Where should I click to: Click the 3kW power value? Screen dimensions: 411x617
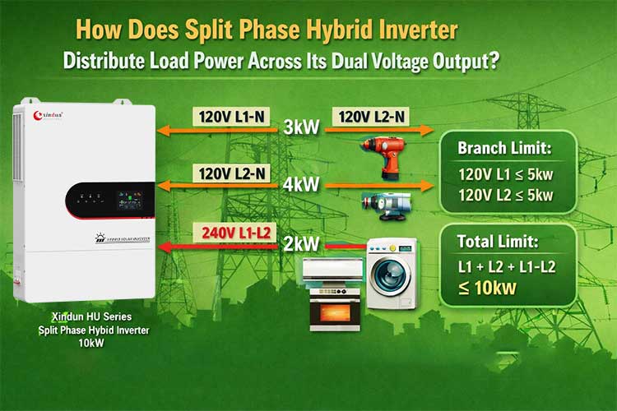(301, 129)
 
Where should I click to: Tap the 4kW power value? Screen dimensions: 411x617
(301, 186)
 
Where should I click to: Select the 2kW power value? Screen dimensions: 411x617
(301, 245)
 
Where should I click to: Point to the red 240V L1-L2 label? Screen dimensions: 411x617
(233, 233)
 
